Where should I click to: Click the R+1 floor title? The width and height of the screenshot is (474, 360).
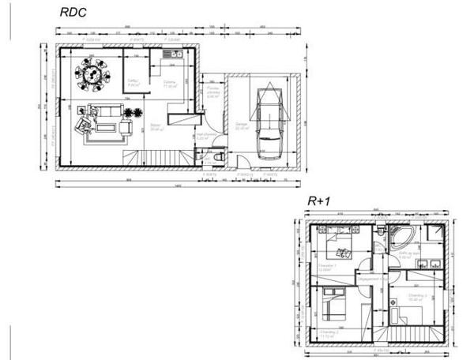click(320, 201)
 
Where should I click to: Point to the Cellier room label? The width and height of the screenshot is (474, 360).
click(134, 81)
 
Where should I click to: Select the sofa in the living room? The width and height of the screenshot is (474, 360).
click(84, 126)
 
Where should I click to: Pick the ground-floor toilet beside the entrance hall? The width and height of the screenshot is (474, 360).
click(219, 157)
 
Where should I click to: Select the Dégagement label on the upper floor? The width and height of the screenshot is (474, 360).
click(370, 278)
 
